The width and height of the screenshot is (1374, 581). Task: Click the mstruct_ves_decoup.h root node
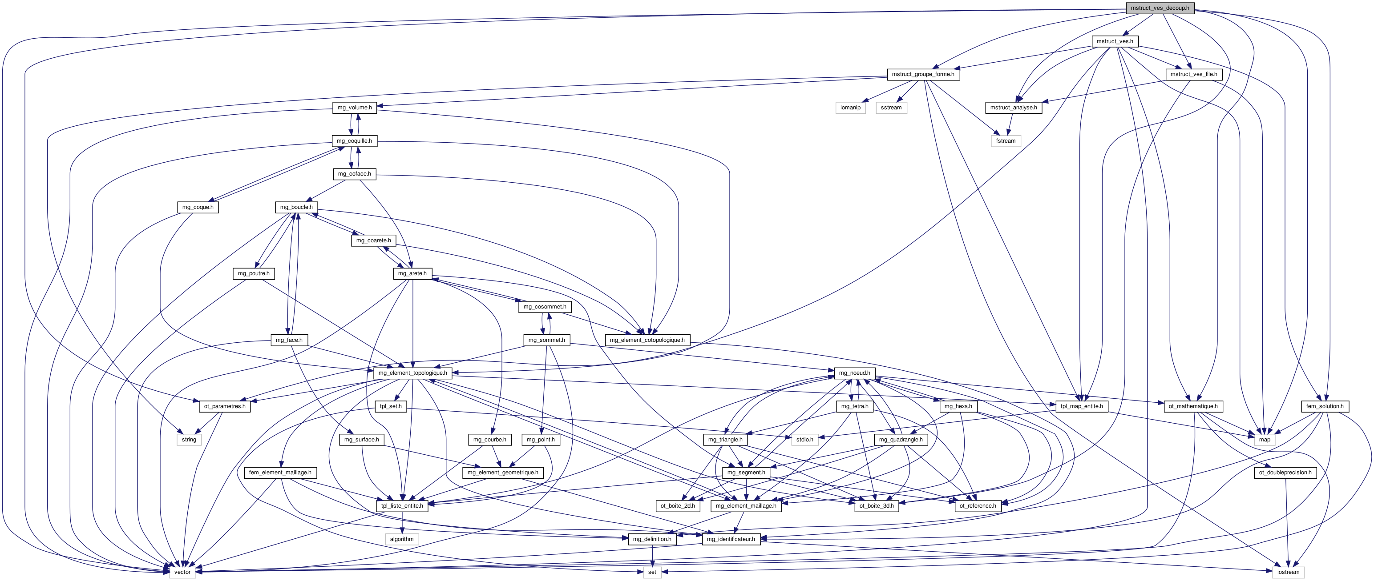coord(1160,8)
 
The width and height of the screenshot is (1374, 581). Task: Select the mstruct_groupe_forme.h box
coord(923,74)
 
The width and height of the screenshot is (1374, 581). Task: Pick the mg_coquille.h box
coord(354,141)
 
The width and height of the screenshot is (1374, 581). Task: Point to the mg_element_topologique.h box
coord(413,373)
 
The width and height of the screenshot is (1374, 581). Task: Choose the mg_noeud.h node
coord(854,373)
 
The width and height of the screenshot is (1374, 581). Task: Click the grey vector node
coord(182,572)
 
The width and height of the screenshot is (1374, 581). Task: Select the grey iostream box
coord(1288,572)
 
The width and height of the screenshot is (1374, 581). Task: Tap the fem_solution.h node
coord(1325,406)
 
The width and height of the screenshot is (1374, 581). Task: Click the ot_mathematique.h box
coord(1193,406)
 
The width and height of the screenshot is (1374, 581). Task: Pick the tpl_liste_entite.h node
coord(402,506)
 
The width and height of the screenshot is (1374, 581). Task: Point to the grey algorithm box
coord(402,539)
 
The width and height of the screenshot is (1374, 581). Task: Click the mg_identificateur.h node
coord(731,539)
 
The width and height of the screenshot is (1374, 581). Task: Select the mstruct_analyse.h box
coord(1014,108)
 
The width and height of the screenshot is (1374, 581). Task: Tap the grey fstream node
coord(1006,141)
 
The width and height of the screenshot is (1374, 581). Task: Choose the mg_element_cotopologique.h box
coord(647,340)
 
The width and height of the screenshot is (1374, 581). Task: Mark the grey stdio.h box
coord(804,439)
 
